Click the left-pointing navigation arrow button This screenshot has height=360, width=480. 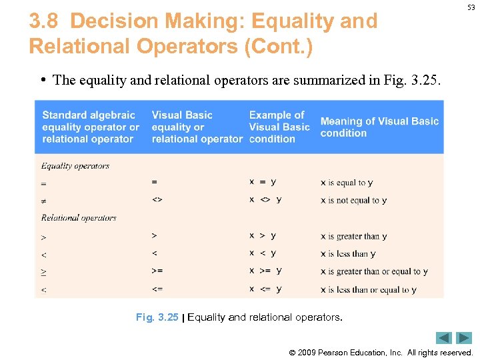(x=444, y=338)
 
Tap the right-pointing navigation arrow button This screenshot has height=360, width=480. (x=464, y=338)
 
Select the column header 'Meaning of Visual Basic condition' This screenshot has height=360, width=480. (x=379, y=127)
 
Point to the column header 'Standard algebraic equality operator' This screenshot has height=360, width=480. (x=91, y=127)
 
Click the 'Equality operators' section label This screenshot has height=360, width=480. (x=75, y=166)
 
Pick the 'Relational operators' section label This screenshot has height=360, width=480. (x=79, y=217)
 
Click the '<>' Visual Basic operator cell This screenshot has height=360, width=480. (x=157, y=199)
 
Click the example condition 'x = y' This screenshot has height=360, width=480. (x=263, y=181)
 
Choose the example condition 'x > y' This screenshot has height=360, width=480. (x=263, y=235)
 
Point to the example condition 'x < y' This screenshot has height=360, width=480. (x=263, y=253)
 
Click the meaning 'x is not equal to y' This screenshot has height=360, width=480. (x=353, y=200)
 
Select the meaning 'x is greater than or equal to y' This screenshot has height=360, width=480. (x=374, y=271)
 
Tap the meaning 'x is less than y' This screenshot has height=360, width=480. (x=348, y=253)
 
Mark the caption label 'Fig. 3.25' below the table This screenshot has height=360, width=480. (x=157, y=317)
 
